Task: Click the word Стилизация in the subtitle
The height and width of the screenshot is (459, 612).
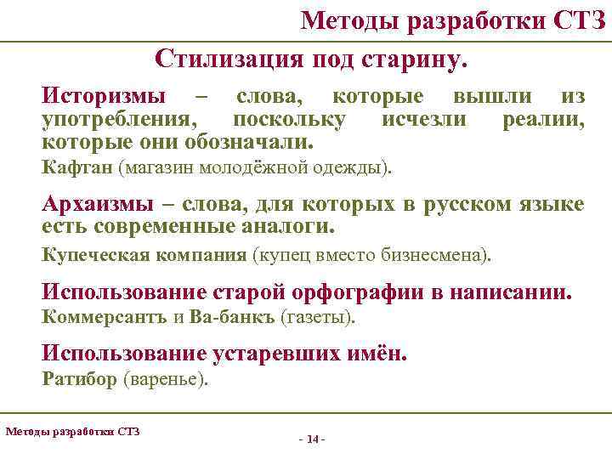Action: [224, 59]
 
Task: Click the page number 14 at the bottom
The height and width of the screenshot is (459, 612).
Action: [312, 439]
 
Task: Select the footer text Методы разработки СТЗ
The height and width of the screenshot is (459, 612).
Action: [72, 431]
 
